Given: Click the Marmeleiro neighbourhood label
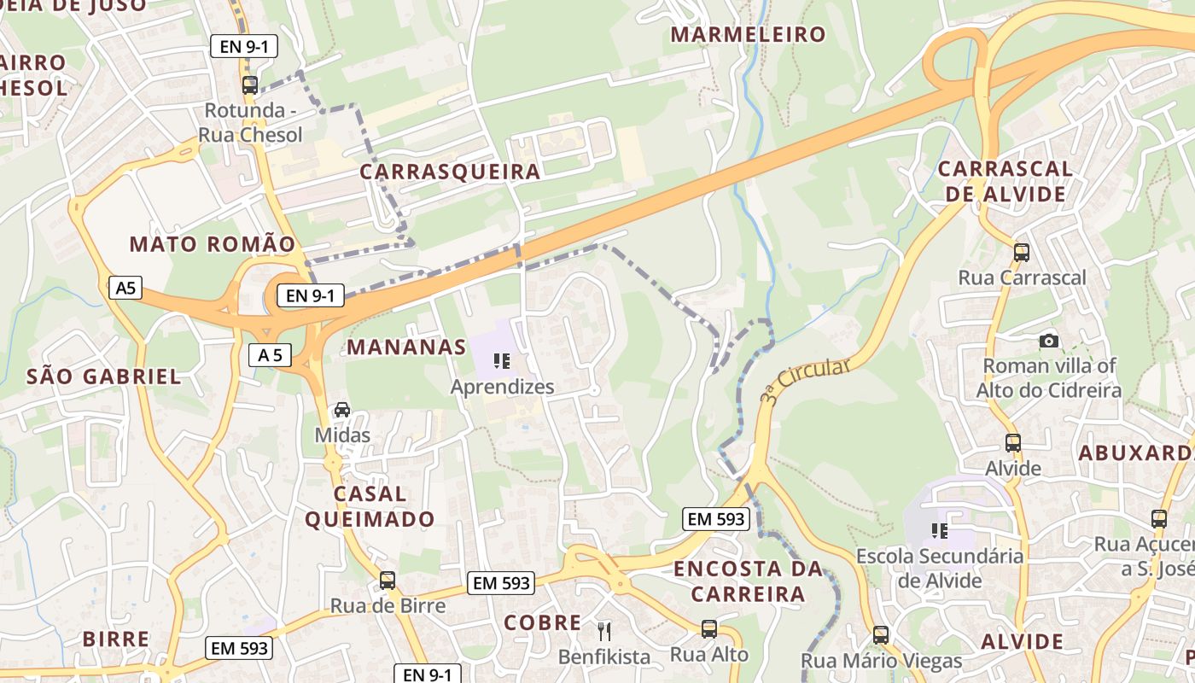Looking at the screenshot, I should [x=748, y=35].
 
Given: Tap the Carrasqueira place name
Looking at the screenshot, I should [x=450, y=172].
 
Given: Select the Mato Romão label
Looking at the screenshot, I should [x=213, y=244].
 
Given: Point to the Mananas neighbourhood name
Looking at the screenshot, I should [x=406, y=347].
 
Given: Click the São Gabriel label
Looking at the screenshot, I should [x=104, y=377].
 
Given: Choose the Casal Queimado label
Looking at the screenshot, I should [x=370, y=506].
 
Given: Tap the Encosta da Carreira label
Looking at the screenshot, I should [x=748, y=581].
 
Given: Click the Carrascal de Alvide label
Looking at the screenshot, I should [x=1005, y=181].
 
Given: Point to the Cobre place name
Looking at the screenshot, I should [x=543, y=622].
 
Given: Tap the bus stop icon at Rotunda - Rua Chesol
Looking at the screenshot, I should [x=250, y=85].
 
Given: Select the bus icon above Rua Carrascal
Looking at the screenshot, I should [x=1022, y=252].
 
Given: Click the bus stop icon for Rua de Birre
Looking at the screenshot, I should [x=388, y=581].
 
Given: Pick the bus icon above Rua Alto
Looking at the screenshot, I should [x=709, y=629].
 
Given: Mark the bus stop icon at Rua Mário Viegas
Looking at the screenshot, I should [x=881, y=635].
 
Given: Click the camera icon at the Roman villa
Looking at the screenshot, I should [x=1049, y=341].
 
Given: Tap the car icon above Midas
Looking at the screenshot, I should [x=342, y=410].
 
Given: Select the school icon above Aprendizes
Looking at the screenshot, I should [x=502, y=361].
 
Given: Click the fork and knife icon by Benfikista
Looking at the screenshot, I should [x=604, y=631].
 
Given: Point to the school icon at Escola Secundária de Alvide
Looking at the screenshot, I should [x=940, y=531].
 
